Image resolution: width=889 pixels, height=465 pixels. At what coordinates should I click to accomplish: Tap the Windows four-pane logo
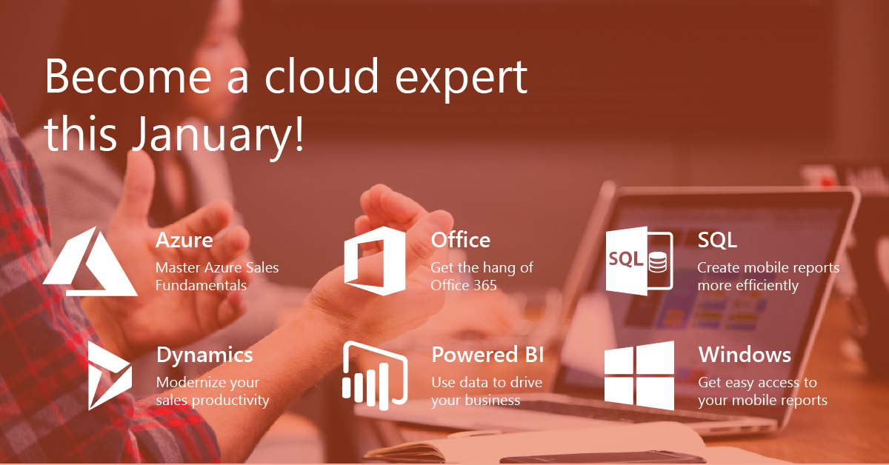pyautogui.click(x=639, y=375)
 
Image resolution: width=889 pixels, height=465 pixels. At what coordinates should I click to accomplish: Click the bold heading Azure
pyautogui.click(x=184, y=240)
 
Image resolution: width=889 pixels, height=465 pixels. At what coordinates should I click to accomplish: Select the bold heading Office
pyautogui.click(x=460, y=240)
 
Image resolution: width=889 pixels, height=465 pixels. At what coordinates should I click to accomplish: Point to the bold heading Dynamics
pyautogui.click(x=204, y=355)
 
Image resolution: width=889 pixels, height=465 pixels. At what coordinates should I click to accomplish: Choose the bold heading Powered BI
pyautogui.click(x=487, y=355)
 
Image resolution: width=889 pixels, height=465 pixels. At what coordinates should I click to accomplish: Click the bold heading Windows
pyautogui.click(x=745, y=355)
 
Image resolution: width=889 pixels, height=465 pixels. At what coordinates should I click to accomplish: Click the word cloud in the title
pyautogui.click(x=322, y=76)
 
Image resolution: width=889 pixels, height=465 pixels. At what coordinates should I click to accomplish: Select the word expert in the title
pyautogui.click(x=461, y=79)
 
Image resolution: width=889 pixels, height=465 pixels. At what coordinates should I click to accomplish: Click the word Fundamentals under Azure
pyautogui.click(x=201, y=285)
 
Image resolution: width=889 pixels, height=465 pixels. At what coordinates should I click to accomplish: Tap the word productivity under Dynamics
pyautogui.click(x=230, y=401)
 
